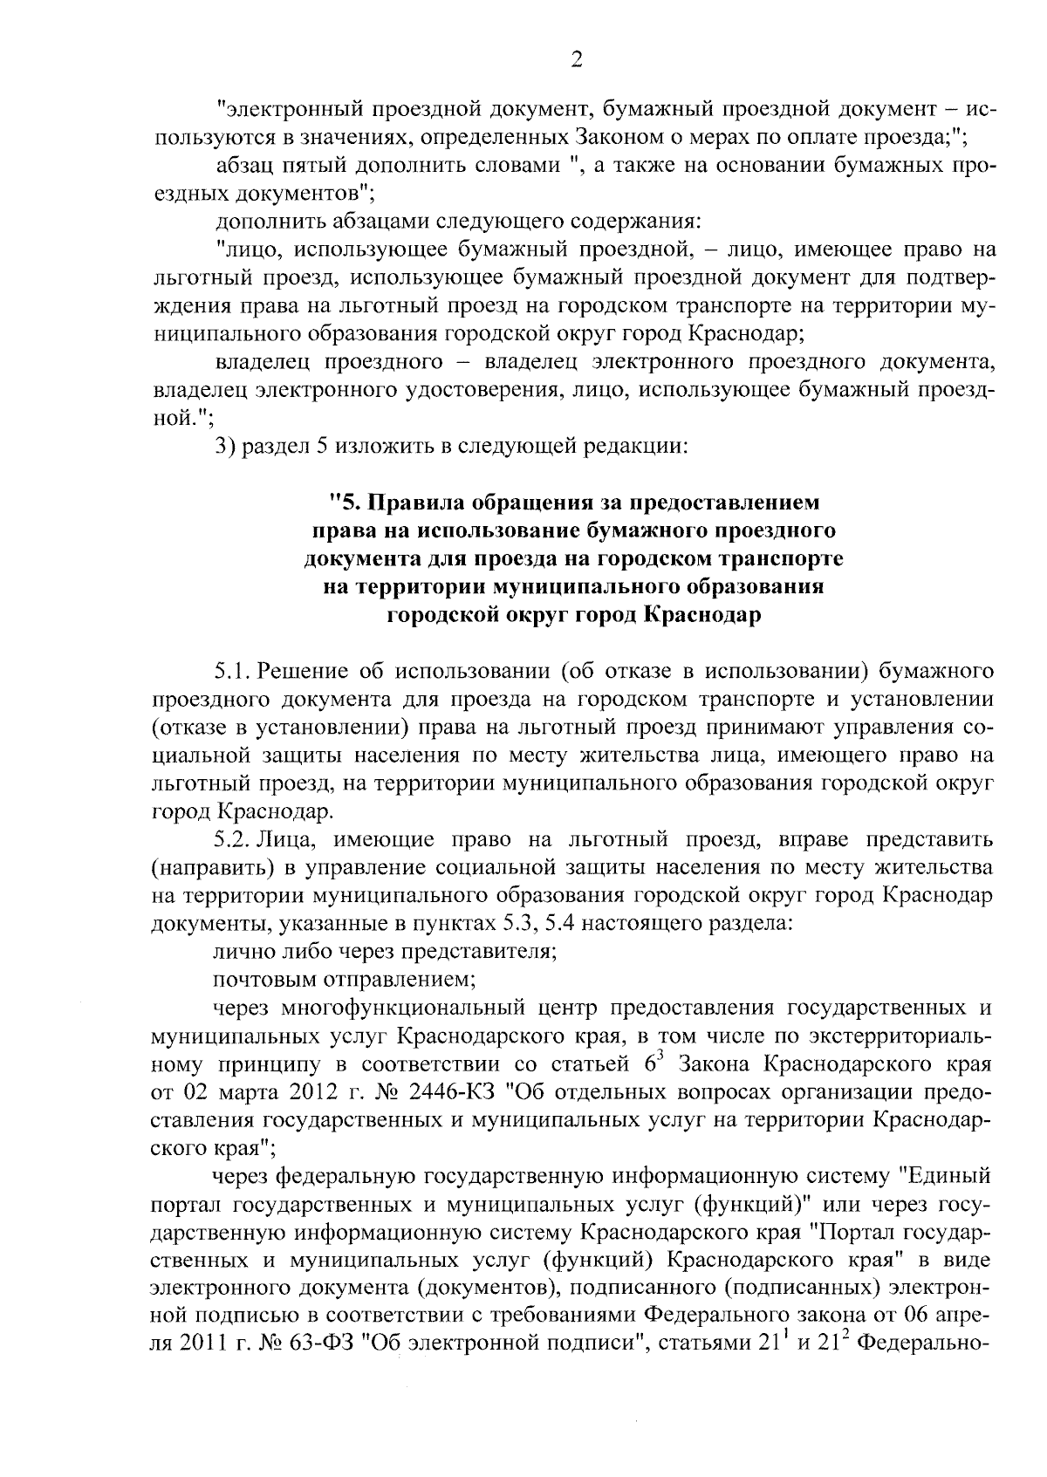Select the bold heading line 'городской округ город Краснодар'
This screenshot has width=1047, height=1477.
coord(574,615)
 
